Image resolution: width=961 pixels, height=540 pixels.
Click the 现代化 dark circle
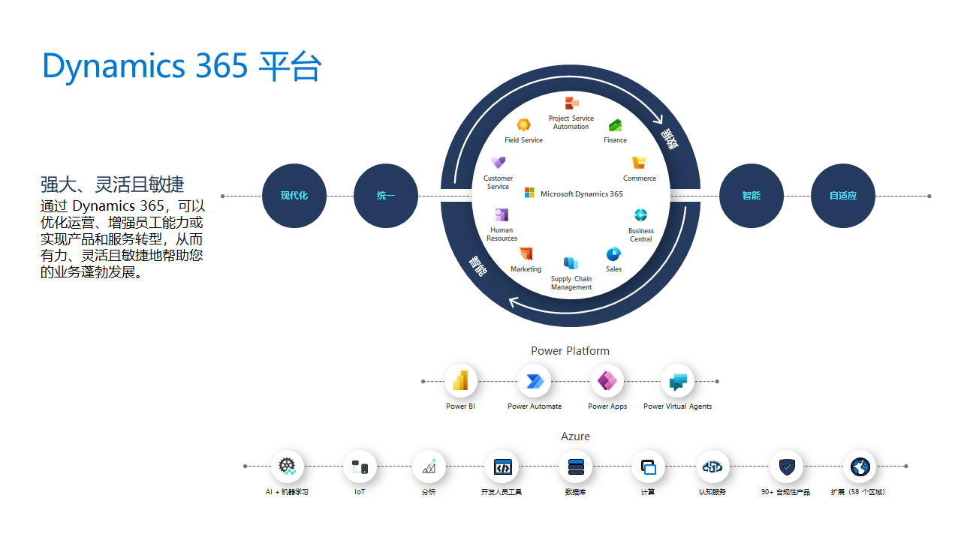[294, 196]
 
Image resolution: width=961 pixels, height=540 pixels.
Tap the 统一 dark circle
[385, 196]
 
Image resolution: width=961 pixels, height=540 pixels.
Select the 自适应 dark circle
[842, 196]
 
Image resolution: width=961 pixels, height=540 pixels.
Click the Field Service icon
[523, 125]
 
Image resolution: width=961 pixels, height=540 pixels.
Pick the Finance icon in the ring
[615, 125]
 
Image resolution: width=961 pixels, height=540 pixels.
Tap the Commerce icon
[639, 163]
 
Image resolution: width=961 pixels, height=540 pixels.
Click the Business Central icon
[640, 215]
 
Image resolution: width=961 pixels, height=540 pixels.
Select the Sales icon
[613, 253]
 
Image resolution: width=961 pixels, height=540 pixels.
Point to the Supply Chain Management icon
[571, 263]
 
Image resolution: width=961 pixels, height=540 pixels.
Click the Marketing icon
[526, 253]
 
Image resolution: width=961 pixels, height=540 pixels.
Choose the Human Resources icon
[502, 215]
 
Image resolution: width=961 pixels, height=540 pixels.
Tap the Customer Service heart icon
[498, 162]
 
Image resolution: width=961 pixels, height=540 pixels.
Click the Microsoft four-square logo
[529, 193]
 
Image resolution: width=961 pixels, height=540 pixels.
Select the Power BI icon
[460, 381]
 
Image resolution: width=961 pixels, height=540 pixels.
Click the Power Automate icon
[534, 381]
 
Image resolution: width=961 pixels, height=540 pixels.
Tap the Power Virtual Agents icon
[678, 381]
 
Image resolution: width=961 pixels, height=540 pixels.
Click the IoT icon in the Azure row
[360, 466]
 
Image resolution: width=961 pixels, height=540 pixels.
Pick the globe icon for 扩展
[860, 466]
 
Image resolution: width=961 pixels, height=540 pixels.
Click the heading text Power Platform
[570, 351]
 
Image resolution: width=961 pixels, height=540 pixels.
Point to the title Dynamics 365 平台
[182, 66]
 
